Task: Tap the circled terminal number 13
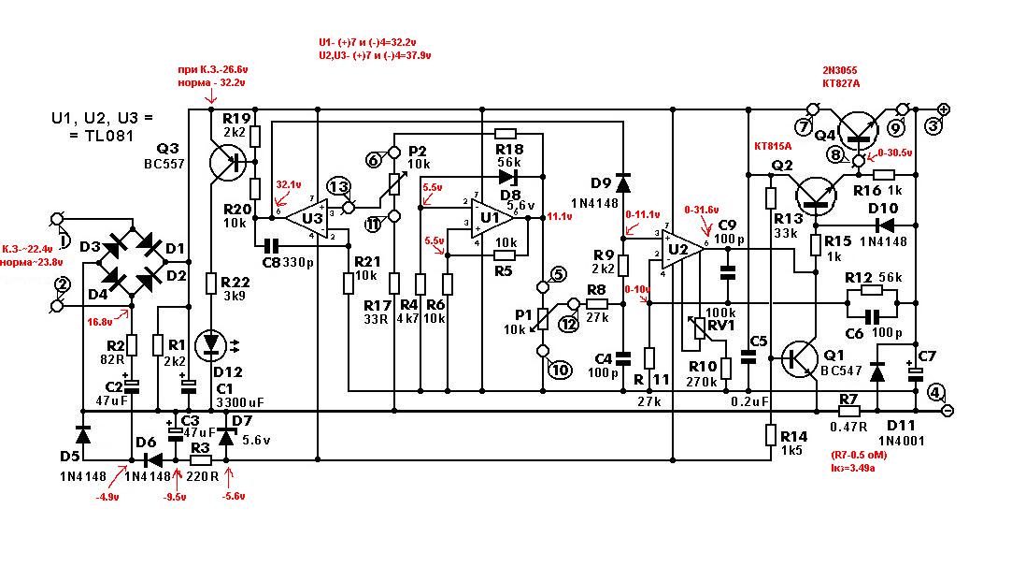338,186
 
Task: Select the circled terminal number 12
567,324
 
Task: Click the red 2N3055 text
842,71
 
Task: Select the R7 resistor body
848,411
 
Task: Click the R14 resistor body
772,435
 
